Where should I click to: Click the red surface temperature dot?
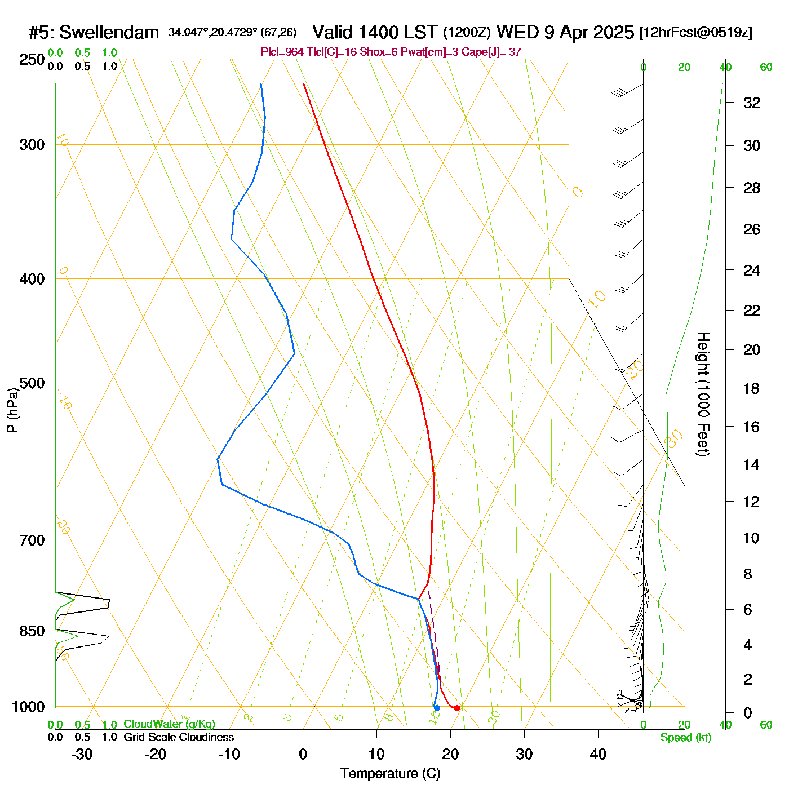[456, 708]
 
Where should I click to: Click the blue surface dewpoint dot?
[437, 708]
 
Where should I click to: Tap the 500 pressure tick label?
[32, 383]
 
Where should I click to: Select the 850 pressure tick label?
[32, 631]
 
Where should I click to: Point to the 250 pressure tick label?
[32, 60]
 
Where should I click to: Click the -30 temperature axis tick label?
[82, 754]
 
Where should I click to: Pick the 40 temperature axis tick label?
[598, 754]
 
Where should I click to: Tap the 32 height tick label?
[752, 103]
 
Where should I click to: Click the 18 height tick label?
[752, 388]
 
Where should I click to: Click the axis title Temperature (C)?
[390, 774]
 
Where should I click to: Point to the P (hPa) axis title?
[12, 410]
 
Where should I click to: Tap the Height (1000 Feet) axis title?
[703, 394]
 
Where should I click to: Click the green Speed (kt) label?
[686, 738]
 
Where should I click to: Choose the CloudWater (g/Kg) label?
[169, 724]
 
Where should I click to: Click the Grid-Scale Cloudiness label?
[179, 737]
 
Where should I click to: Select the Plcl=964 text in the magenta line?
[282, 52]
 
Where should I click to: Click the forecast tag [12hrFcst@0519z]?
[695, 33]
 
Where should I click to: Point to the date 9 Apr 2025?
[589, 33]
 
